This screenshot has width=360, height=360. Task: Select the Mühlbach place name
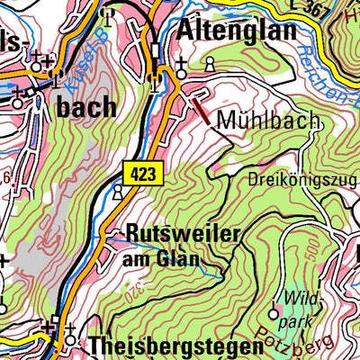pyautogui.click(x=255, y=119)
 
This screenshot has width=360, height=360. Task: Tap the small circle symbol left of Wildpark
pyautogui.click(x=274, y=314)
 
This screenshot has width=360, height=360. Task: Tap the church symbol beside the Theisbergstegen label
pyautogui.click(x=70, y=340)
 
